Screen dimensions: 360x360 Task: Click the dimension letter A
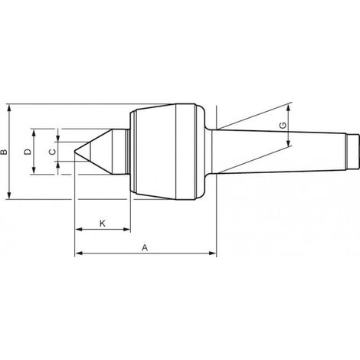coord(145,247)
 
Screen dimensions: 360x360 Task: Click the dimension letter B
coord(4,152)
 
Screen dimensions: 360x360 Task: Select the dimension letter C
coord(52,152)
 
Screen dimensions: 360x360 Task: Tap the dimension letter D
coord(28,152)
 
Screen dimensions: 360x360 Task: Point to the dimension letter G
coord(283,126)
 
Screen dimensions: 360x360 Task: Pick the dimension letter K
coord(102,224)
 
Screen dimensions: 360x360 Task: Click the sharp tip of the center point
coord(74,152)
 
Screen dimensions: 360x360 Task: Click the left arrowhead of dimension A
coord(78,254)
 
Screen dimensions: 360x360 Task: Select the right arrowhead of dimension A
coord(213,254)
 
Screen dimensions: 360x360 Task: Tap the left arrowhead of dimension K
coord(78,229)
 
